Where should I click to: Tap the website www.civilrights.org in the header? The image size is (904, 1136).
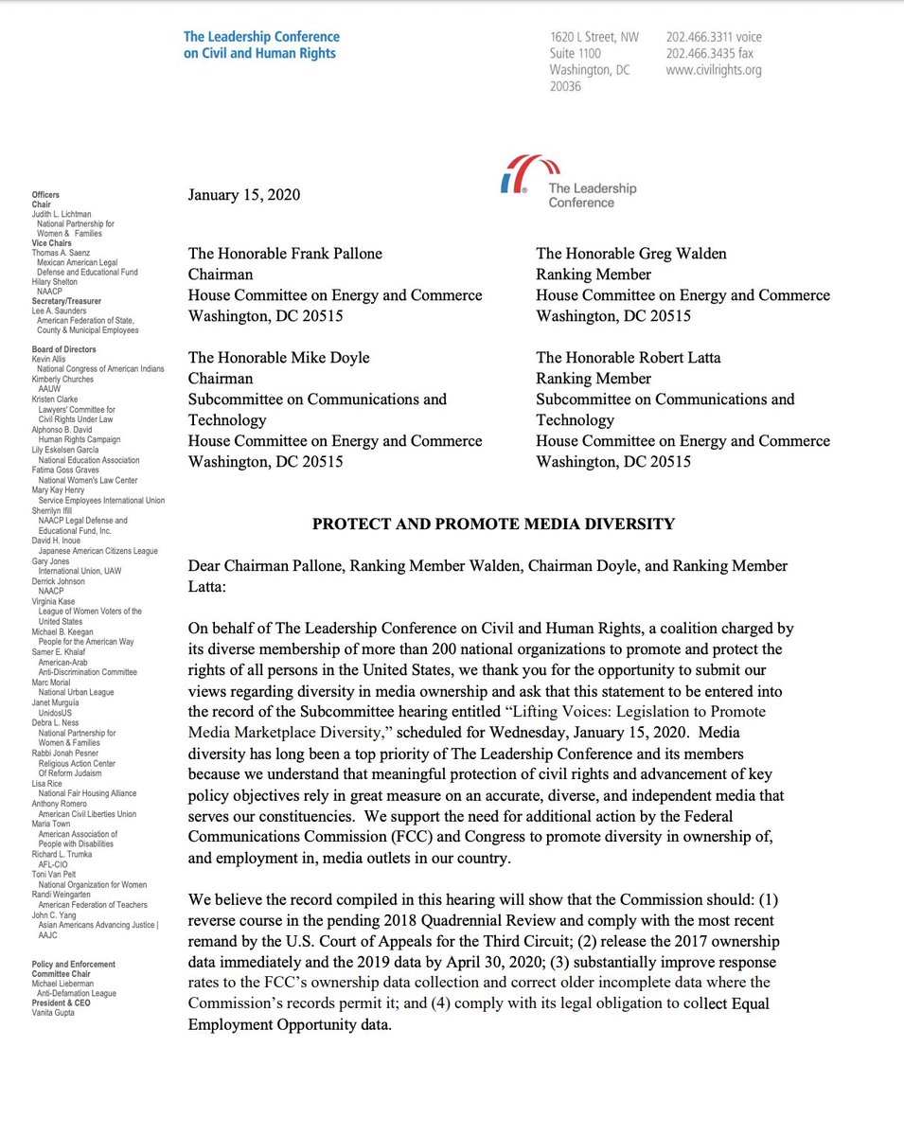713,69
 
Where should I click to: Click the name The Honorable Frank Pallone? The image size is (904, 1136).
285,254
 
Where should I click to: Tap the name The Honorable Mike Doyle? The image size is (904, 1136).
278,358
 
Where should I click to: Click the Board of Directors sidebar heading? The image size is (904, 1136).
64,349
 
